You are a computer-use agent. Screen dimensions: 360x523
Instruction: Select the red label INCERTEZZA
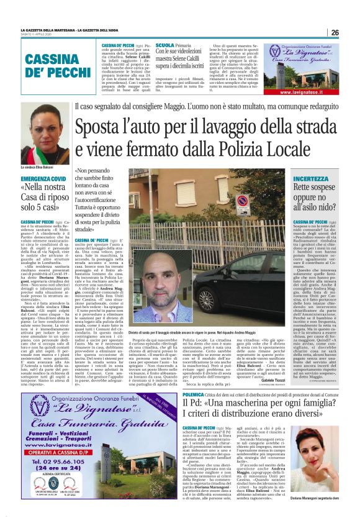pyautogui.click(x=308, y=178)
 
